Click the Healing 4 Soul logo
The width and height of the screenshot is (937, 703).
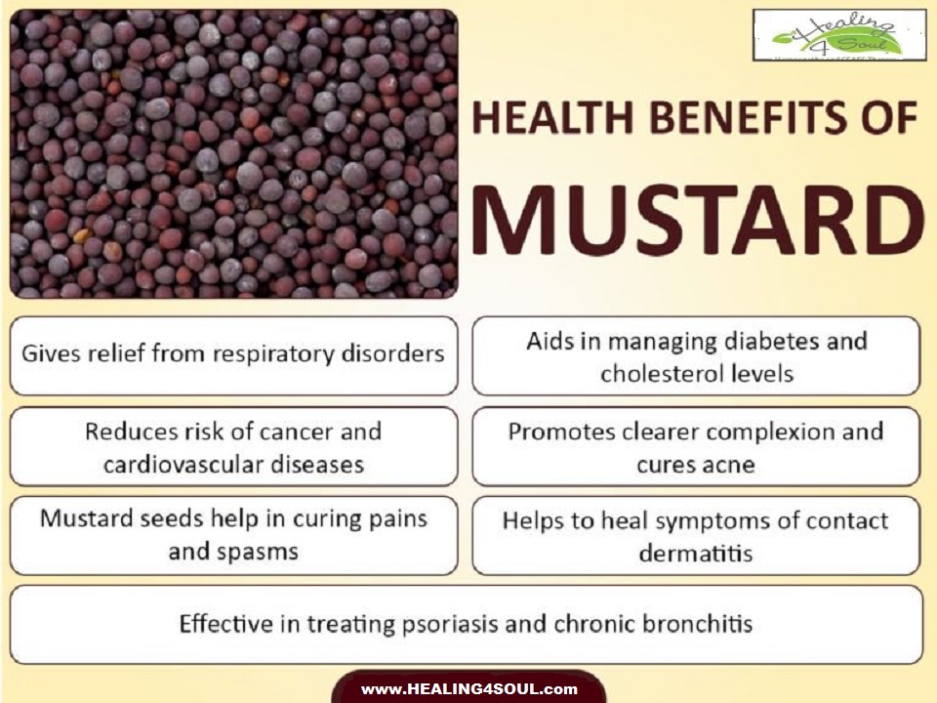point(838,37)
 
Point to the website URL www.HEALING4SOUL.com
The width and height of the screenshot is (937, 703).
point(468,689)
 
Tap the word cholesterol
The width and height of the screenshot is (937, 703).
point(660,374)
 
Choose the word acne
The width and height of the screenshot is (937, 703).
point(723,464)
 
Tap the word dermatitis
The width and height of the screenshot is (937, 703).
point(696,553)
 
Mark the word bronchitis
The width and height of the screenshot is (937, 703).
point(695,624)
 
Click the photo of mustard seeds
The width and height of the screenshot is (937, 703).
point(233,153)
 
